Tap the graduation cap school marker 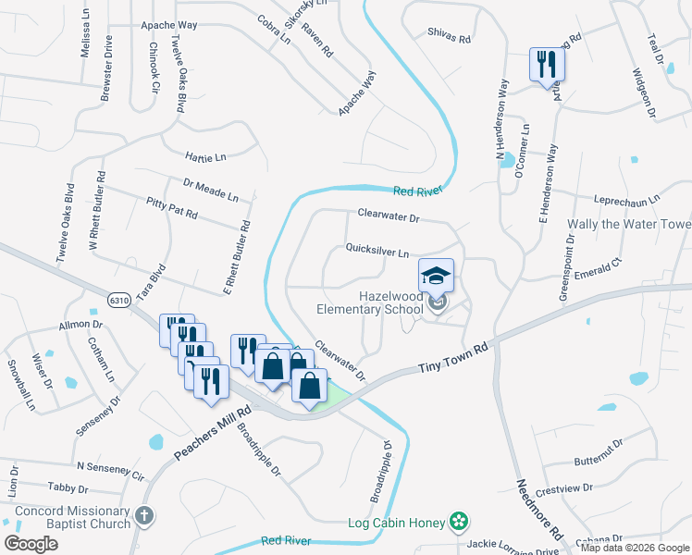tap(437, 276)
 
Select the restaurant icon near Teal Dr tap(546, 65)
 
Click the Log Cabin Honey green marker tap(457, 523)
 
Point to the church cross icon tap(143, 516)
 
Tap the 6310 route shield tap(118, 301)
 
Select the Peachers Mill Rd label tap(213, 434)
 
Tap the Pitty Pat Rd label tap(172, 207)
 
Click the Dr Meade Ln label tap(211, 191)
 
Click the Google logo tap(31, 544)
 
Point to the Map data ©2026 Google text tap(636, 548)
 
